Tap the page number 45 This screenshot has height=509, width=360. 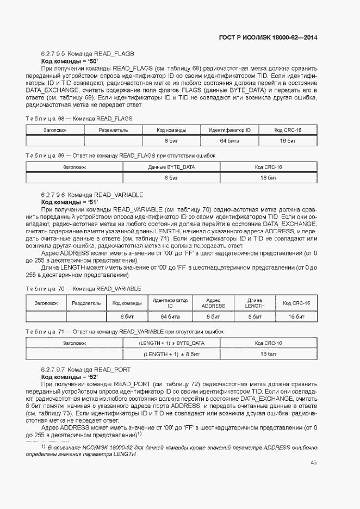pos(313,463)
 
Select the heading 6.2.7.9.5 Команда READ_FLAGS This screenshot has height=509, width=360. pos(87,54)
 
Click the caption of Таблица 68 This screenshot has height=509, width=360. pos(79,118)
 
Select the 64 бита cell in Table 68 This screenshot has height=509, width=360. pos(229,141)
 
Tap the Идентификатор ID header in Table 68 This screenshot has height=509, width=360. pos(229,131)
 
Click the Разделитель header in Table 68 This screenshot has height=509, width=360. pos(113,131)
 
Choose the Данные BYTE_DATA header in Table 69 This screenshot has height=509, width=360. pos(172,167)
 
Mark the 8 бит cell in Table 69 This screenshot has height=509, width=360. pos(172,178)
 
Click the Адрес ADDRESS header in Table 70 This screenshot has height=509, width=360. pos(214,303)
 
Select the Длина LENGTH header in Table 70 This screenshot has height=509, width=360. pos(255,303)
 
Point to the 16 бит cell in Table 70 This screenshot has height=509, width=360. pos(296,316)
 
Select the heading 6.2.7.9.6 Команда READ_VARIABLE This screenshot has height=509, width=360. pos(92,194)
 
